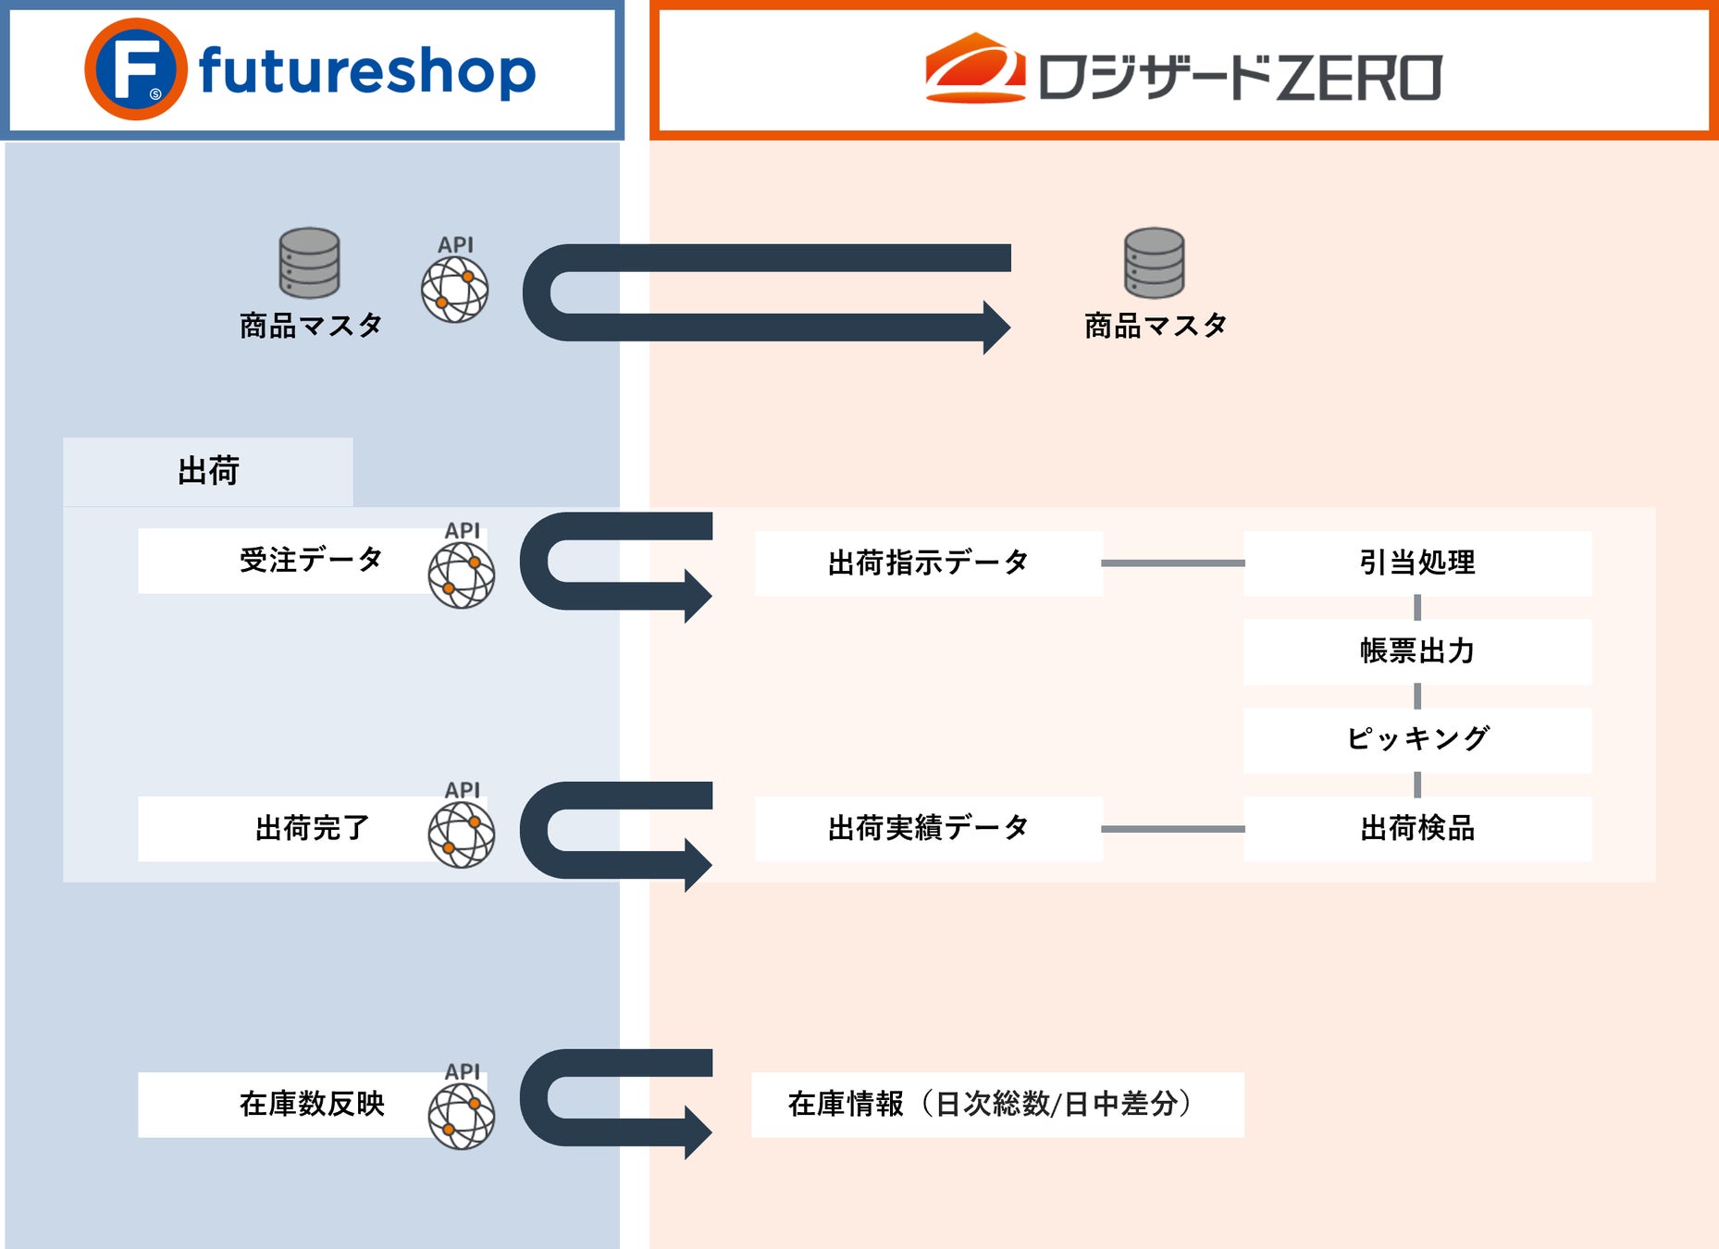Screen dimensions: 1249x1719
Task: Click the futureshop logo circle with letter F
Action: [x=135, y=69]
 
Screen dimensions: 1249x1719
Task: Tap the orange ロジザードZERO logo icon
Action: [x=974, y=68]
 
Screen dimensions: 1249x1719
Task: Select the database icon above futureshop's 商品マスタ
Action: [x=309, y=263]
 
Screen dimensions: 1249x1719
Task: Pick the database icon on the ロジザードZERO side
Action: [x=1154, y=263]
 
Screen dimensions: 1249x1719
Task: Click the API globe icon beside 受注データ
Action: [x=461, y=575]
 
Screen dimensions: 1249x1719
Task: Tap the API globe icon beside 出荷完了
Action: [x=461, y=835]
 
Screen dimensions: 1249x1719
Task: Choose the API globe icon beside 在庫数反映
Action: [x=461, y=1116]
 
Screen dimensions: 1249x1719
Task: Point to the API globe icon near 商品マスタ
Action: [x=454, y=289]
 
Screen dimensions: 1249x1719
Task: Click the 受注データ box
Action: [x=287, y=561]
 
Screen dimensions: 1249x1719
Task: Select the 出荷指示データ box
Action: [x=928, y=563]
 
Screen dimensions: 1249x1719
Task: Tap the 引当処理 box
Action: [x=1416, y=563]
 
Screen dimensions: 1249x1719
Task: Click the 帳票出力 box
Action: [x=1416, y=651]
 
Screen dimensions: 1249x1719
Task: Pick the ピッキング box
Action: [x=1416, y=739]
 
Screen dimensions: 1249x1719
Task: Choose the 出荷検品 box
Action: [x=1416, y=828]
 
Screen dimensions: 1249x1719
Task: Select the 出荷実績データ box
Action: [x=928, y=828]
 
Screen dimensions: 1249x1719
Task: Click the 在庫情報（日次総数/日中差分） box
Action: [x=996, y=1105]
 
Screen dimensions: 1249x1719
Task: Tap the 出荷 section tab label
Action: [x=208, y=472]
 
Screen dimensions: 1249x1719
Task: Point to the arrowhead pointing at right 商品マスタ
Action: [x=996, y=328]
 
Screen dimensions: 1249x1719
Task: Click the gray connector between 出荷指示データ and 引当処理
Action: [x=1172, y=563]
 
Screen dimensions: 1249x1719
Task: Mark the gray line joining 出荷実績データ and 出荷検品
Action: [x=1172, y=829]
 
